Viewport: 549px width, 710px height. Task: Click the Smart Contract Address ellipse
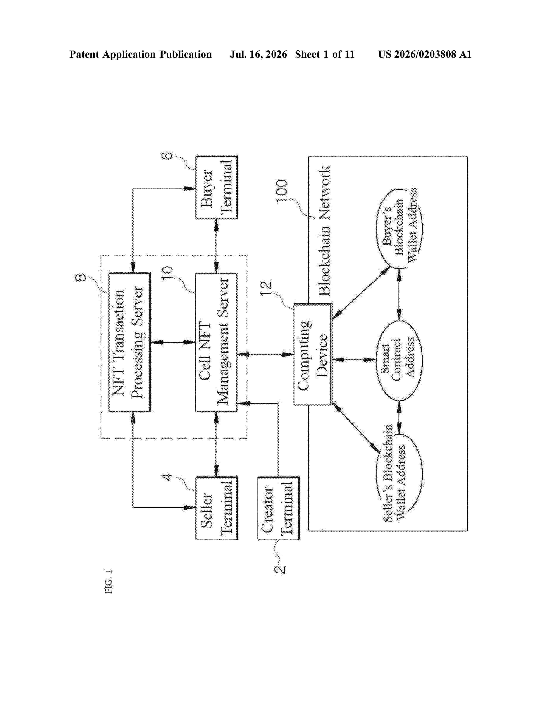tap(399, 360)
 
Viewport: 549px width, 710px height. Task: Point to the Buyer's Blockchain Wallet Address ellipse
tap(399, 228)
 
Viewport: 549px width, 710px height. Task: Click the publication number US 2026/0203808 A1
tap(425, 54)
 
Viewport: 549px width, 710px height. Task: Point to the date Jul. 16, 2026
tap(259, 54)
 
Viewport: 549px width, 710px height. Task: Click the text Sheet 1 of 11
tap(325, 54)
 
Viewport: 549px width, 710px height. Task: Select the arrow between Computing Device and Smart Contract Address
tap(354, 360)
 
